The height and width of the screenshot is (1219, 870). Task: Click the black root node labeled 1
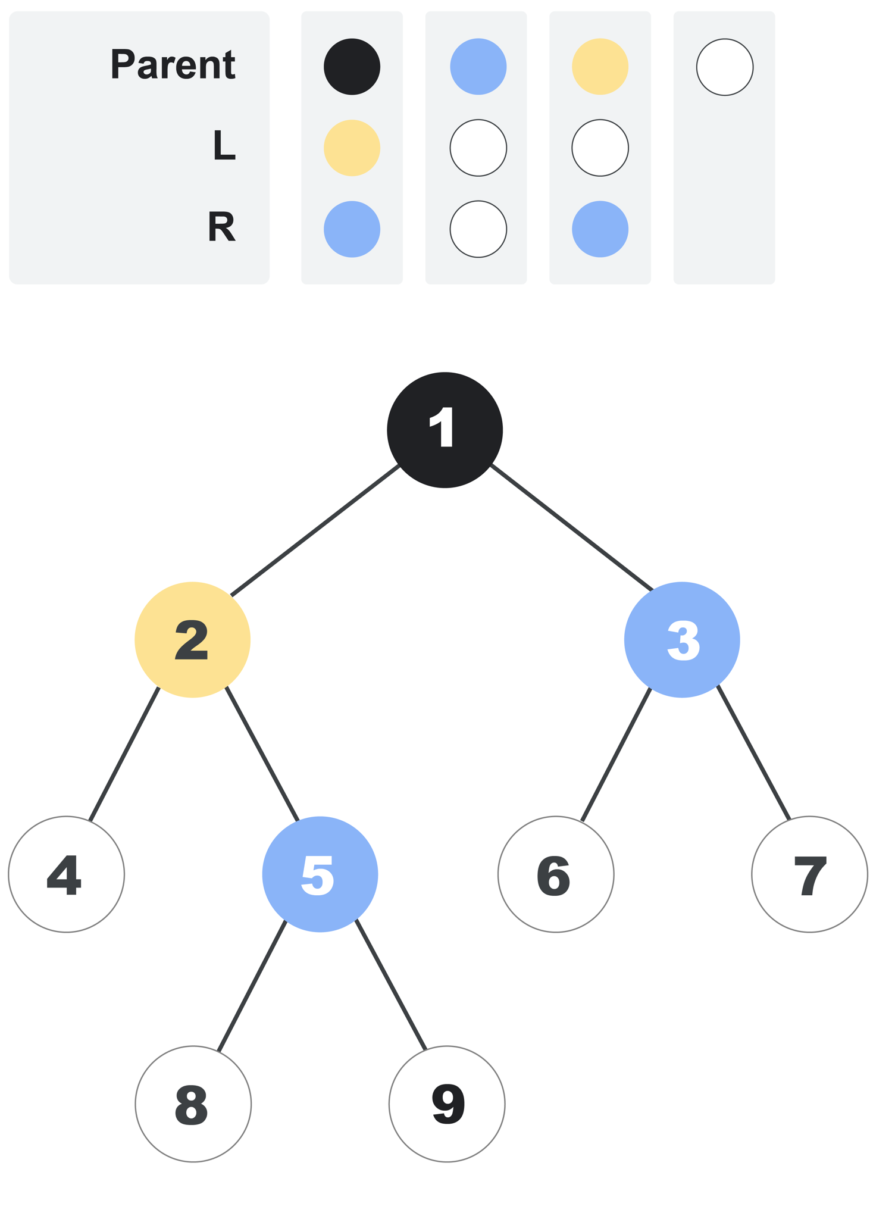click(x=445, y=430)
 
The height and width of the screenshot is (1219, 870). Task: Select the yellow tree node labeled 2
click(x=192, y=639)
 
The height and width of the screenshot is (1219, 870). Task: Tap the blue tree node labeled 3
click(x=682, y=639)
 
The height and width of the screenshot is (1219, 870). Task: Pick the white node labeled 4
click(x=66, y=874)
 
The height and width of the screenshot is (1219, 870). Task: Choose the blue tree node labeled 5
click(x=320, y=874)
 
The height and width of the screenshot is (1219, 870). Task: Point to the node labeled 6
click(x=556, y=874)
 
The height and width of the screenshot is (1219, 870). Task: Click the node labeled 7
click(x=809, y=874)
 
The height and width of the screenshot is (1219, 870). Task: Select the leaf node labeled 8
click(x=193, y=1104)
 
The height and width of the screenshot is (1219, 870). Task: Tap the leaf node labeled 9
click(x=447, y=1104)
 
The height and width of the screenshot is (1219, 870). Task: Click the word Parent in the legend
click(x=173, y=64)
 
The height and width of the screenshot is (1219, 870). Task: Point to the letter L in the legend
click(x=224, y=145)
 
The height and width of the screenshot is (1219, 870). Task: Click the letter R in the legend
click(x=221, y=227)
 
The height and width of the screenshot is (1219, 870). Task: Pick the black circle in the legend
click(x=352, y=67)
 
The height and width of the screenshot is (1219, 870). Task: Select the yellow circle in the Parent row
click(x=600, y=67)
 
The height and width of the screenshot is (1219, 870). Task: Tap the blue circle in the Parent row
click(x=478, y=67)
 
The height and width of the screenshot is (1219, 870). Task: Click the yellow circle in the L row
click(x=352, y=148)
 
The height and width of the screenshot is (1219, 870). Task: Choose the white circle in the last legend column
click(x=725, y=67)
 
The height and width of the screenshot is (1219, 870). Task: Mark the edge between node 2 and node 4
click(x=124, y=754)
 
